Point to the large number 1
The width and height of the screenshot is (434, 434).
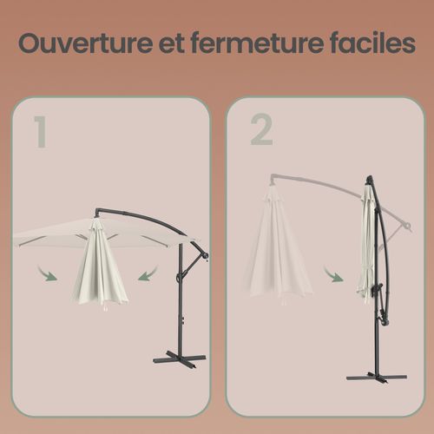click(39, 130)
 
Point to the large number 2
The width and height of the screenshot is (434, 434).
click(261, 130)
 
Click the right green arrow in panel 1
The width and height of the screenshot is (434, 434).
click(148, 274)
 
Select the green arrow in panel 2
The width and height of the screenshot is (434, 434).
click(332, 276)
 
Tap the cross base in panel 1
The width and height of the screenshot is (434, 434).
click(180, 357)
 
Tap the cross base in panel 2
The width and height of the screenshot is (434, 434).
click(375, 377)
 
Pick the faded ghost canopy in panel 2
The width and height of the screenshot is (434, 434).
click(278, 252)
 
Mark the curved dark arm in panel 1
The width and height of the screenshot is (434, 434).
click(143, 217)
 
